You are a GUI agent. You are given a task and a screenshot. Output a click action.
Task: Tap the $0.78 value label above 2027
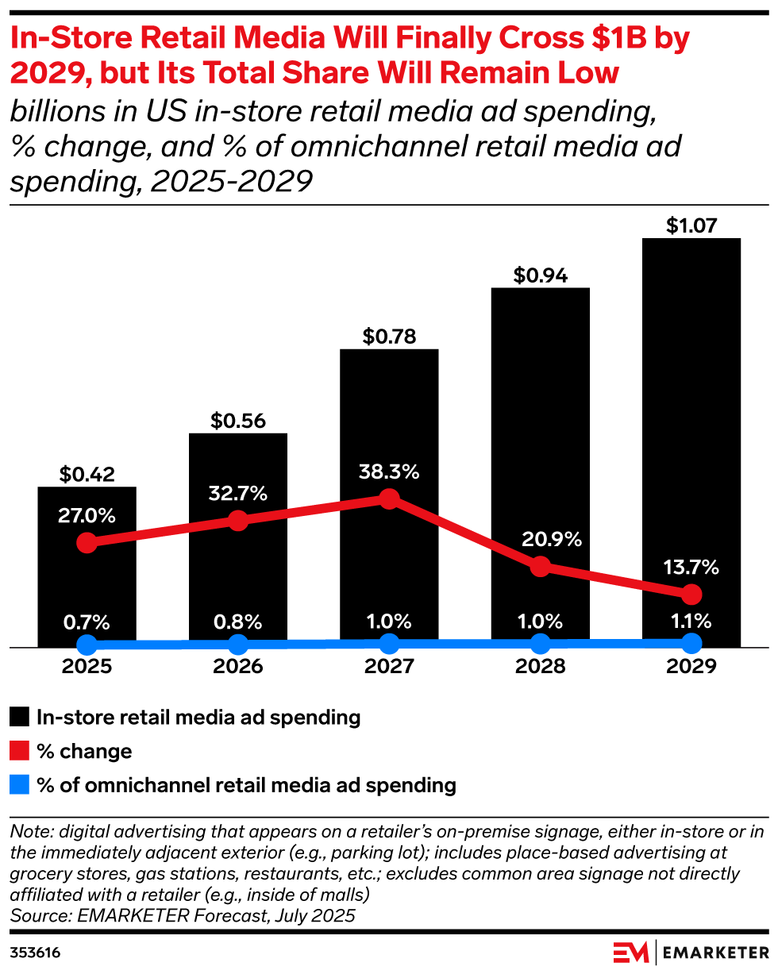pos(389,336)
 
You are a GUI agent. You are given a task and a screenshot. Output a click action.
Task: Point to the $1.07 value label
pos(691,225)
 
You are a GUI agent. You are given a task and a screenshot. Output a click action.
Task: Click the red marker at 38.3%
pos(389,499)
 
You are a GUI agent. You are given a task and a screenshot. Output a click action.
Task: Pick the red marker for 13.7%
pos(691,594)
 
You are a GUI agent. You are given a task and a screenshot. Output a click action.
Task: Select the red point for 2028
pos(540,567)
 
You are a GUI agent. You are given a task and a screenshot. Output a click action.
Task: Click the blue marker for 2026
pos(238,644)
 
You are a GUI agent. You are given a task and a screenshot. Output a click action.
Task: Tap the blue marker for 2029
pos(691,642)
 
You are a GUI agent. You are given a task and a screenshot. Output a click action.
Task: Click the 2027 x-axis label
pos(389,666)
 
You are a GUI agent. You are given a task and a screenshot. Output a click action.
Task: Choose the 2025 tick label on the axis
pos(87,666)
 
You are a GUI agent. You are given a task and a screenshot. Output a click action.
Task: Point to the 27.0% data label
pos(87,514)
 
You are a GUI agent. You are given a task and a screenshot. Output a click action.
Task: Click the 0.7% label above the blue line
pos(87,620)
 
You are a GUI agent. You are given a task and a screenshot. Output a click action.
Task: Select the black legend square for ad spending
pos(20,718)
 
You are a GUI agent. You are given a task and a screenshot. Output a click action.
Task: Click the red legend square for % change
pos(20,751)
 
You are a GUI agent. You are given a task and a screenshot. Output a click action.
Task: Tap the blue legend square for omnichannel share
pos(20,785)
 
